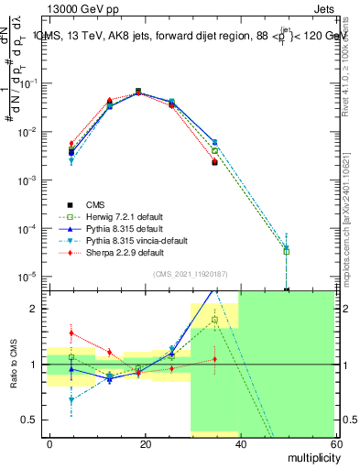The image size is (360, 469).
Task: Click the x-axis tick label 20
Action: coord(145,443)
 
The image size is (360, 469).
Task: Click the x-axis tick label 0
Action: coord(50,443)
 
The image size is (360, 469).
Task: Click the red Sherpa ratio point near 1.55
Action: coord(71,333)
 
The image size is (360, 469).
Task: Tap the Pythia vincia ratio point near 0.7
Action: coord(71,399)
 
